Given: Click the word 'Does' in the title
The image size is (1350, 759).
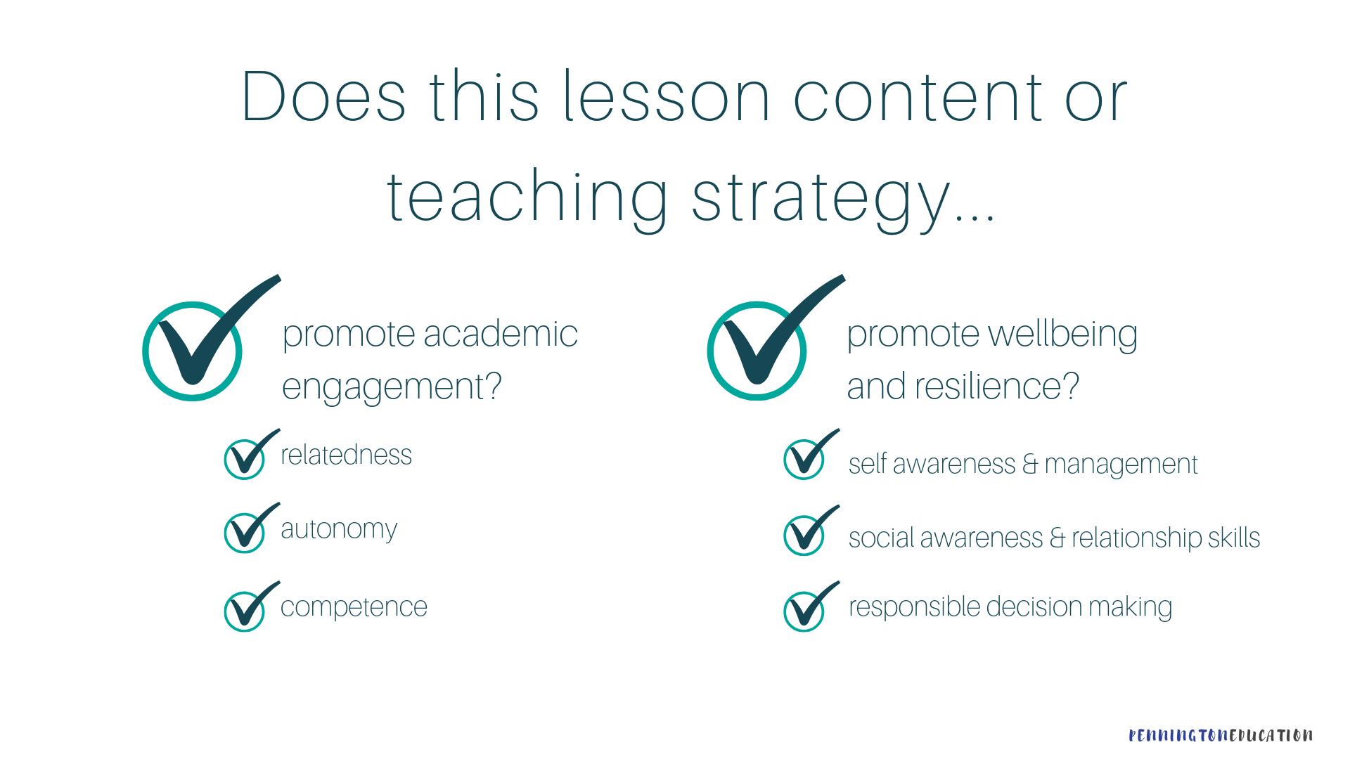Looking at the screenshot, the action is point(324,96).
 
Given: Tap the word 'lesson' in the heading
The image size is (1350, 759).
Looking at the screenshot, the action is point(667,96).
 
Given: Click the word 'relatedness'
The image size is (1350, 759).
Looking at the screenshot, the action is point(346,455).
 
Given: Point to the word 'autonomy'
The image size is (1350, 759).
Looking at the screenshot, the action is point(339,529).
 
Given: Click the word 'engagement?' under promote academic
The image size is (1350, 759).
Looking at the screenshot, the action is point(392,387).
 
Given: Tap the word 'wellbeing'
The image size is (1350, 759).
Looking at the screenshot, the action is point(1062,335).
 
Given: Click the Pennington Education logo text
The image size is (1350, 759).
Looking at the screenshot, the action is point(1220,735).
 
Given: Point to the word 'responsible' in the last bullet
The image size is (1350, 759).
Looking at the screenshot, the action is point(914,607).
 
